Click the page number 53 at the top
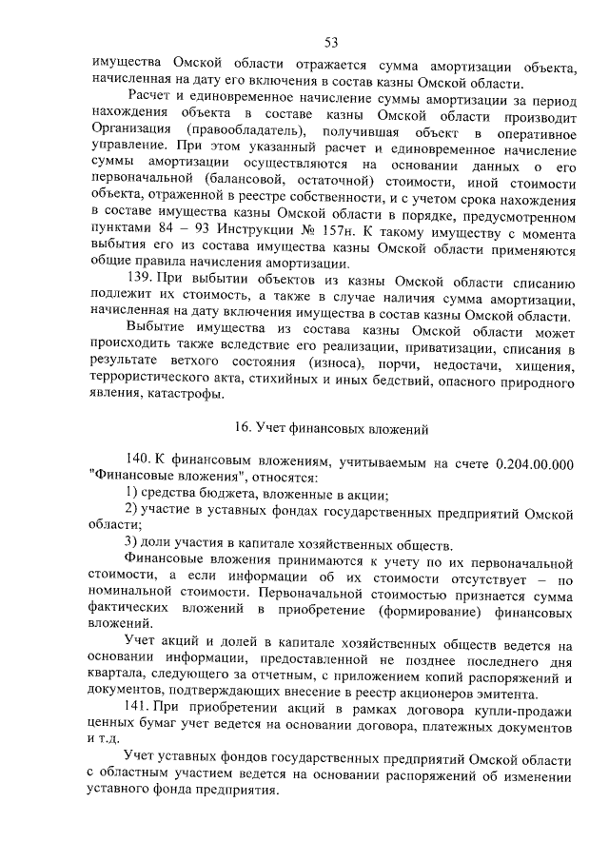[331, 41]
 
